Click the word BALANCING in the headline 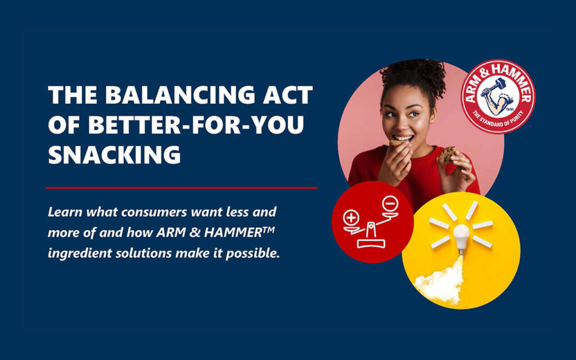tap(177, 96)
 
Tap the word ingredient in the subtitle tap(78, 253)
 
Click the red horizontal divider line tap(181, 188)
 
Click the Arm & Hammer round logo tap(497, 96)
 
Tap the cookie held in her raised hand tap(448, 155)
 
